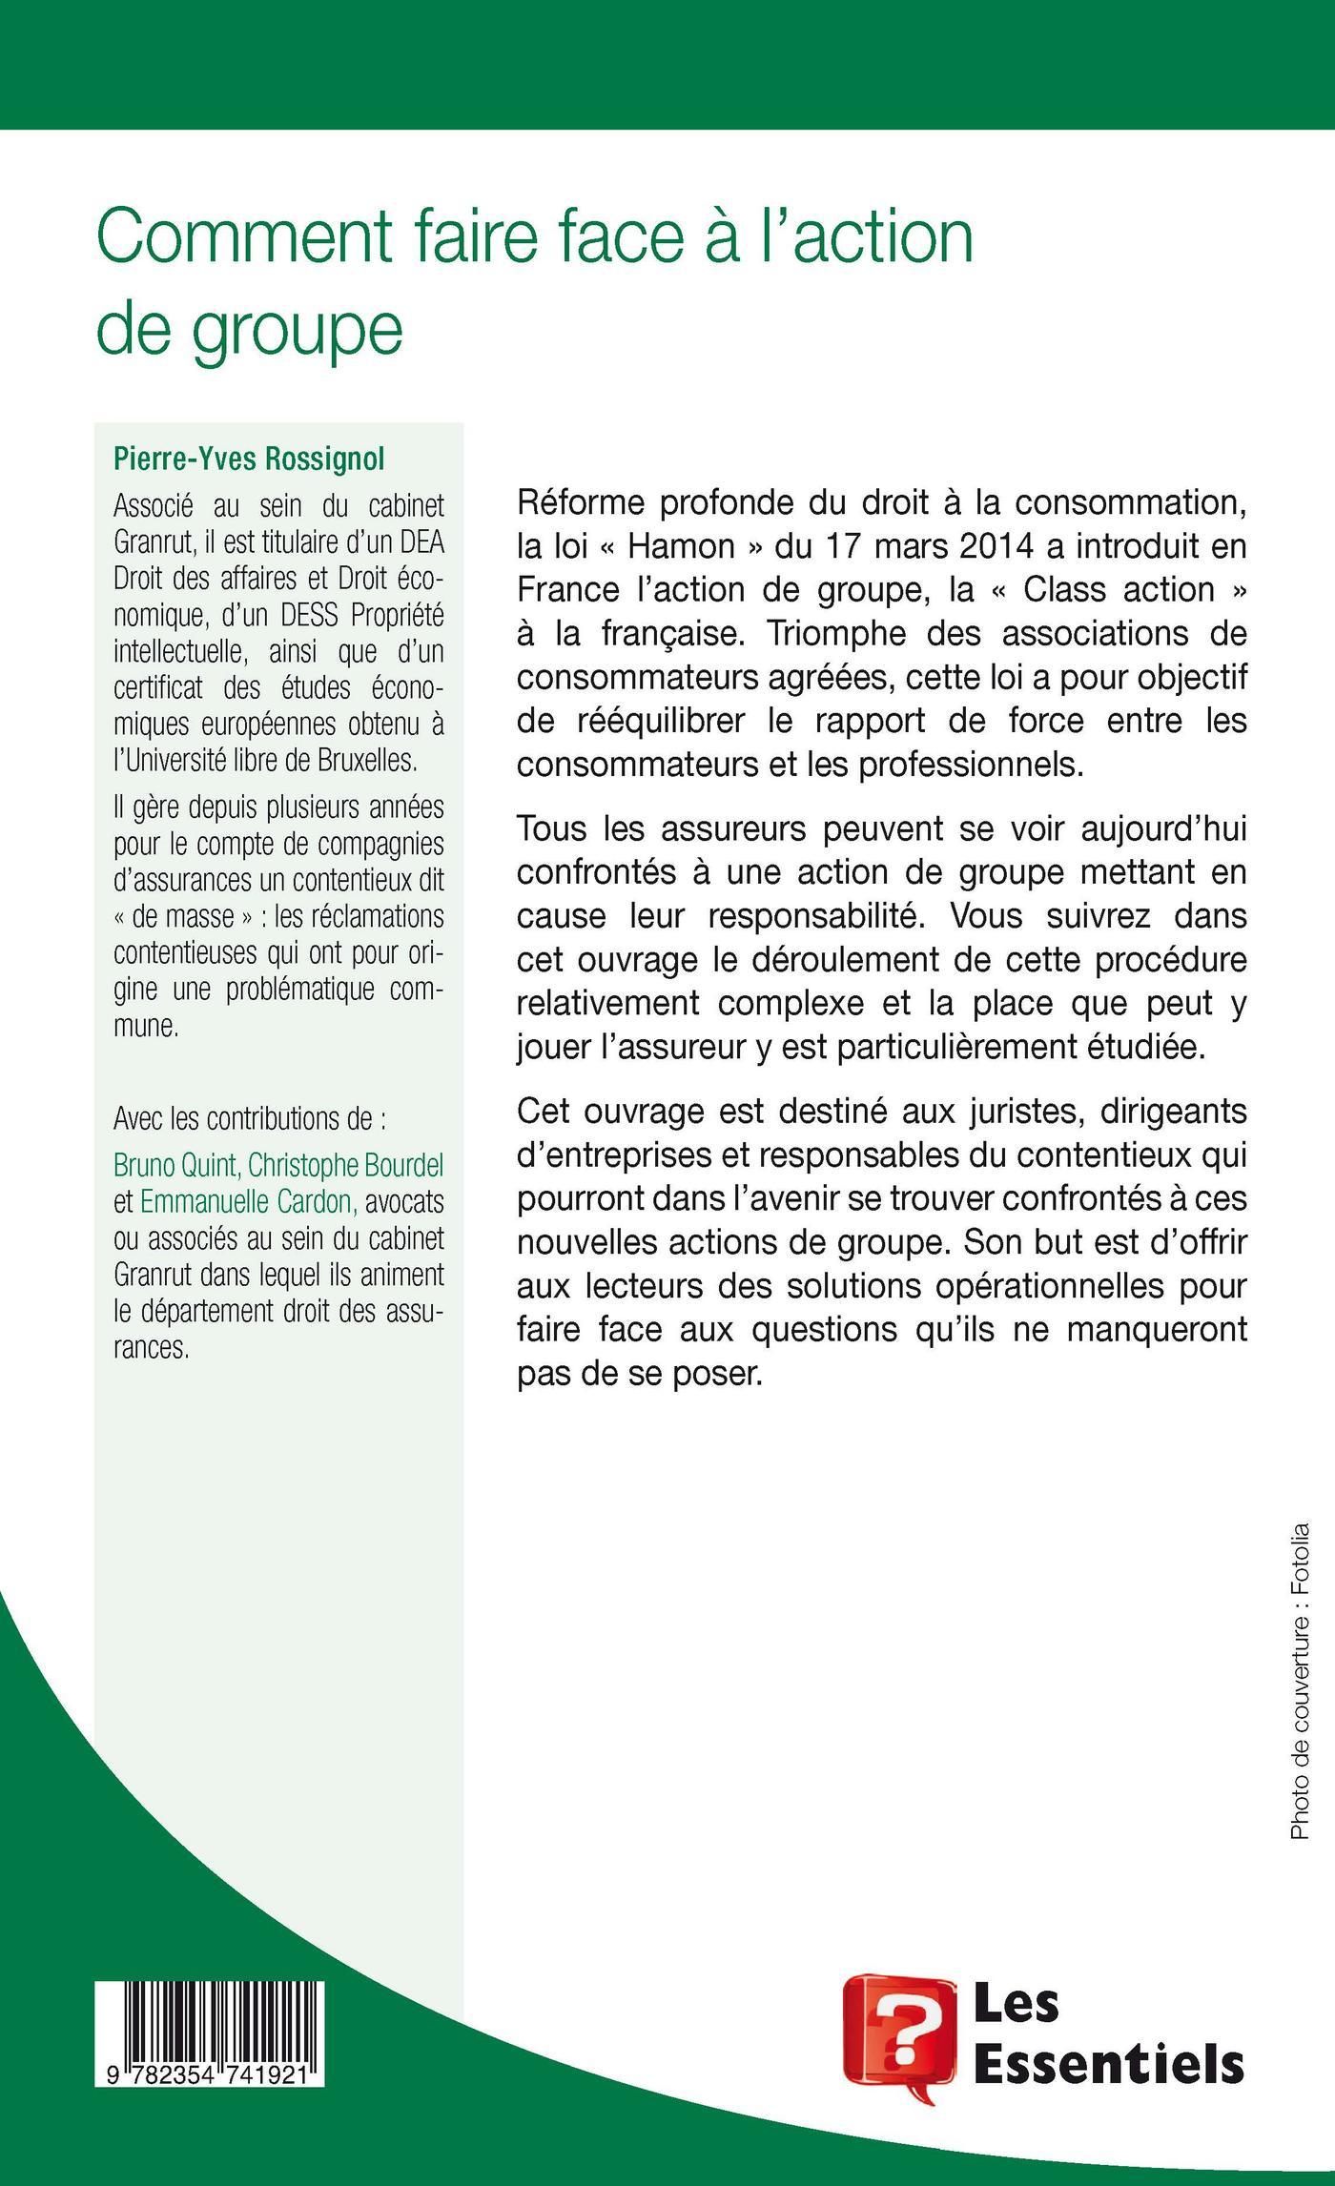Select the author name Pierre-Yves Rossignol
pyautogui.click(x=249, y=459)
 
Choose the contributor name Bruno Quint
pyautogui.click(x=177, y=1165)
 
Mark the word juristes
pyautogui.click(x=1041, y=1112)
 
